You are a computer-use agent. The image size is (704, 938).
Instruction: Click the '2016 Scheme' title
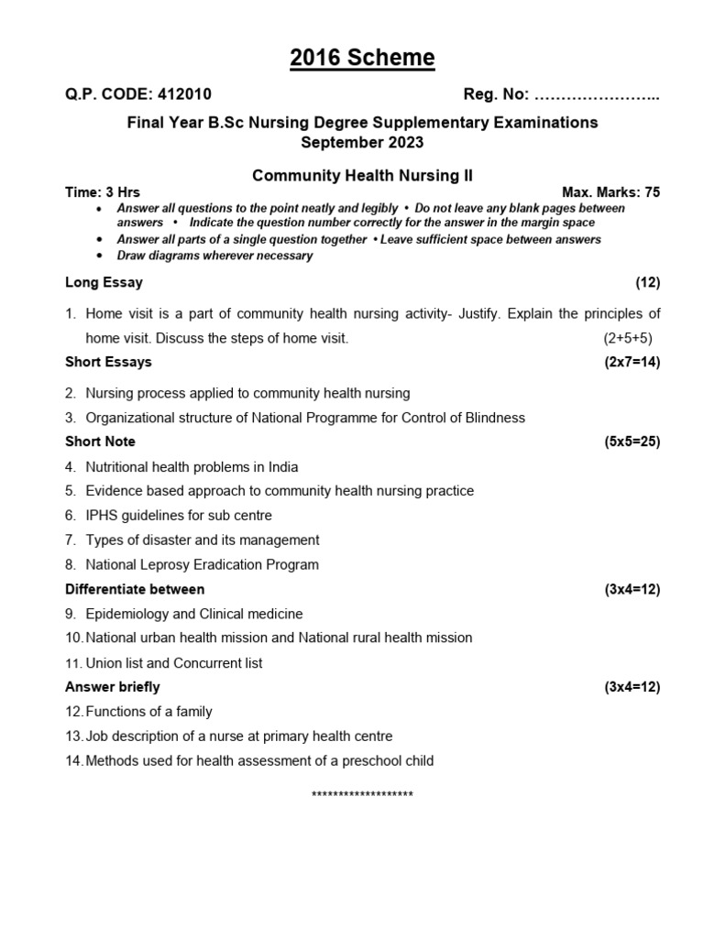pyautogui.click(x=362, y=59)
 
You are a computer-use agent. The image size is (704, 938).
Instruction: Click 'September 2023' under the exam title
pyautogui.click(x=362, y=142)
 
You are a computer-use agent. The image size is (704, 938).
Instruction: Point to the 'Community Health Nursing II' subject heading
pyautogui.click(x=362, y=174)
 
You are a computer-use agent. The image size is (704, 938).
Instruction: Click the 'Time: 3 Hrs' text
pyautogui.click(x=103, y=192)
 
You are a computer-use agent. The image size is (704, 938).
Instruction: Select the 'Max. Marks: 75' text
pyautogui.click(x=610, y=192)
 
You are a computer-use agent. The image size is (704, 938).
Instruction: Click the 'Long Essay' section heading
pyautogui.click(x=104, y=282)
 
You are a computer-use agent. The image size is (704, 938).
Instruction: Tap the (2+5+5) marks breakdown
pyautogui.click(x=628, y=338)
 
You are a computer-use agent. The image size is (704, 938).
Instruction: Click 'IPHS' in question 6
pyautogui.click(x=103, y=516)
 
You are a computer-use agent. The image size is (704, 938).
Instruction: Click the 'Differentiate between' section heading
pyautogui.click(x=135, y=589)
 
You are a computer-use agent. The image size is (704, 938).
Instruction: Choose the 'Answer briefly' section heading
pyautogui.click(x=112, y=687)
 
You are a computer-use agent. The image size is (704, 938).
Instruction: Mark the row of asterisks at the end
pyautogui.click(x=362, y=795)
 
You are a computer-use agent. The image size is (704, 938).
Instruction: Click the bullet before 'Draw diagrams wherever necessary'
pyautogui.click(x=100, y=256)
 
